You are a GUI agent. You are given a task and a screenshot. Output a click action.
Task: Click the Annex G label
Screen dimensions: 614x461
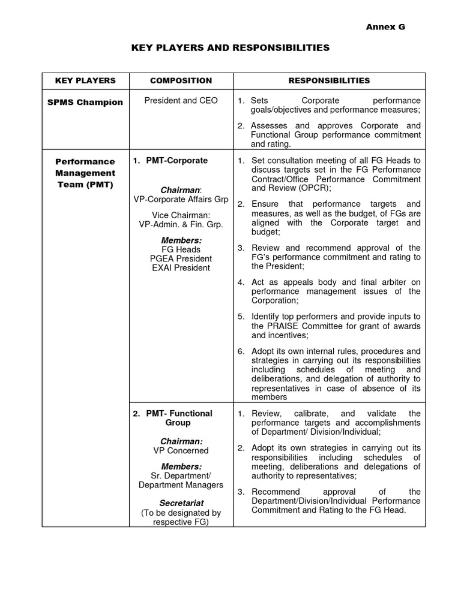(x=387, y=27)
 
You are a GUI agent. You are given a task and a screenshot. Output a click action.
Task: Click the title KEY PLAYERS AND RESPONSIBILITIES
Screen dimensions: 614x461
(x=230, y=47)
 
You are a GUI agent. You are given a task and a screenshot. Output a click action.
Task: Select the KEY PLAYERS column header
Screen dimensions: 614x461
(x=85, y=80)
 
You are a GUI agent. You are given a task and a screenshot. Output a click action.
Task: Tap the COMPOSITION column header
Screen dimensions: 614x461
(x=181, y=80)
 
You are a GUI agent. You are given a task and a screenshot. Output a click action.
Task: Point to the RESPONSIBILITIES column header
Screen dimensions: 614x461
(x=329, y=80)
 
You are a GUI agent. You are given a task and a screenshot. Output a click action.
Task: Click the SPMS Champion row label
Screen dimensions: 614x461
(x=85, y=102)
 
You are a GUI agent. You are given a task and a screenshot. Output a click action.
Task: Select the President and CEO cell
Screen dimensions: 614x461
(x=181, y=101)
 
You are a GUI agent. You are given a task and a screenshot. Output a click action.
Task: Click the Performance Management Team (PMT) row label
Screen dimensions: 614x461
(x=85, y=173)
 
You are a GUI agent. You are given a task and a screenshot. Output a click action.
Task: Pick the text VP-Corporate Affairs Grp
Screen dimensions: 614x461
(x=181, y=199)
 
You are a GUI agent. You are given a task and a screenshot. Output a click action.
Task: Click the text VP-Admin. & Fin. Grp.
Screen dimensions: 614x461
(x=181, y=224)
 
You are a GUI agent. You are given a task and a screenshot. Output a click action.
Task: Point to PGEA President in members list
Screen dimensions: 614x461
(x=181, y=258)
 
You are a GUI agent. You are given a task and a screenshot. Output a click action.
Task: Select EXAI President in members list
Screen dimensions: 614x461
(x=181, y=267)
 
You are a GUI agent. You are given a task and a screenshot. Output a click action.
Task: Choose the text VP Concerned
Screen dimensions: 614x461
(x=181, y=450)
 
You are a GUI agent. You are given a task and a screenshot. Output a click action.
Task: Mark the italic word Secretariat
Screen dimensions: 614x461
(x=181, y=502)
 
